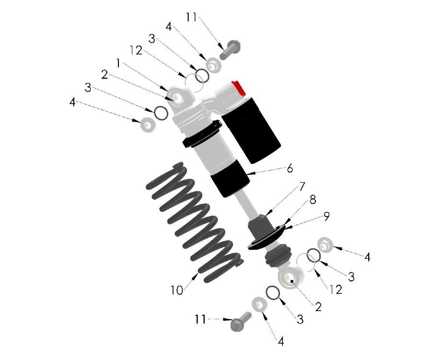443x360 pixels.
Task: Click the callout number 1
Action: (118, 62)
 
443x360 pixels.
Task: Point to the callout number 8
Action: (313, 200)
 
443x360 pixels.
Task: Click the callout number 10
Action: (176, 290)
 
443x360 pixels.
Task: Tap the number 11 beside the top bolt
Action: (191, 18)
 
